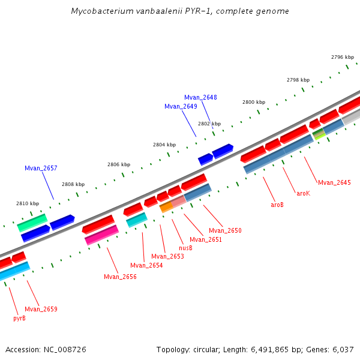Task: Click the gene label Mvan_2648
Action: click(200, 97)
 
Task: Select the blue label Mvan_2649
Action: click(181, 106)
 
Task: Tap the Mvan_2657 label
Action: click(41, 168)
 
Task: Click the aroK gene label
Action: click(303, 193)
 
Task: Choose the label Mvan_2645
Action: click(334, 182)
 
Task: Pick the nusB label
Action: click(186, 248)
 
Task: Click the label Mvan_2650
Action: click(225, 230)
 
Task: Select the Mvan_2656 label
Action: click(120, 277)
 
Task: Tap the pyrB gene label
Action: click(19, 318)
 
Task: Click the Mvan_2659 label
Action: click(41, 309)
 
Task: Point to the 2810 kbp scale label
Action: click(28, 203)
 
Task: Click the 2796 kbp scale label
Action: click(343, 57)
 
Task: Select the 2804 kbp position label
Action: click(164, 145)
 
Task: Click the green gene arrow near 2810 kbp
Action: click(32, 222)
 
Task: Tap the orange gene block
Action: click(166, 206)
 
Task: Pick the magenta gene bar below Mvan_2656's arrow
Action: click(101, 235)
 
